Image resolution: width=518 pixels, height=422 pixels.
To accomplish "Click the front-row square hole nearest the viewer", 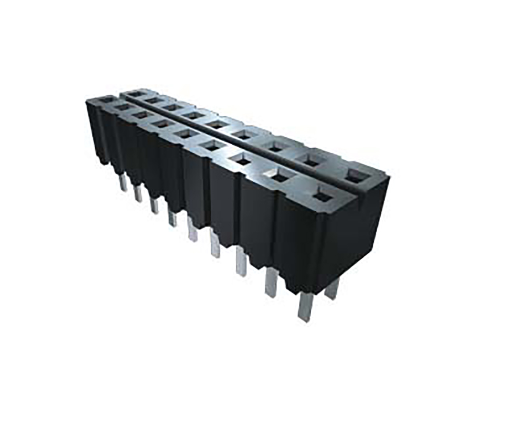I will pos(321,197).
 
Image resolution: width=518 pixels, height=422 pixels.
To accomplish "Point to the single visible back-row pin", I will pos(332,288).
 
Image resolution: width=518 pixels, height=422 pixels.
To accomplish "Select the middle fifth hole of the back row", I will pos(216,124).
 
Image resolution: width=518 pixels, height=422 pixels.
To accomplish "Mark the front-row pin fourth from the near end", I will pos(215,244).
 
